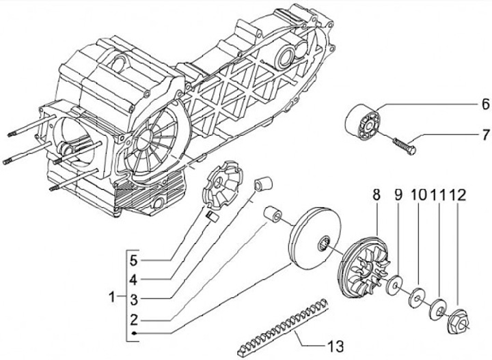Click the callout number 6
coord(485,104)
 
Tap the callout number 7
coord(486,135)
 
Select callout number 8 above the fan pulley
coord(377,195)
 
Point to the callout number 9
coord(398,195)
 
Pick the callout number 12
coord(458,195)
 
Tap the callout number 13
coord(336,346)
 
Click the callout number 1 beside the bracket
coord(112,296)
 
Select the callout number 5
coord(134,260)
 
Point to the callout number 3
coord(134,300)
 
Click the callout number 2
coord(134,320)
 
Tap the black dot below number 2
coord(134,333)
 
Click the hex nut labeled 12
coord(457,321)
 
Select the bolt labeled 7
coord(404,146)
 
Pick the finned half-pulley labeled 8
coord(364,266)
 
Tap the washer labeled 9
coord(394,284)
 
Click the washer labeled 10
coord(416,296)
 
